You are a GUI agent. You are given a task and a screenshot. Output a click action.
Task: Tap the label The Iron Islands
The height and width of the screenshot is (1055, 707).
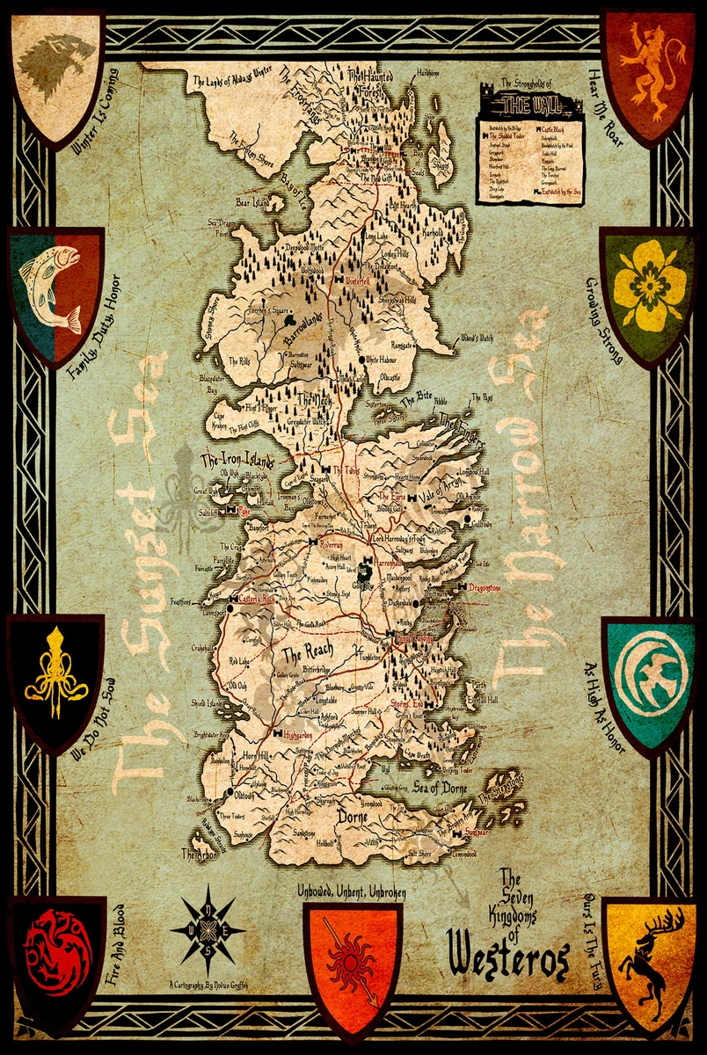(237, 460)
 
